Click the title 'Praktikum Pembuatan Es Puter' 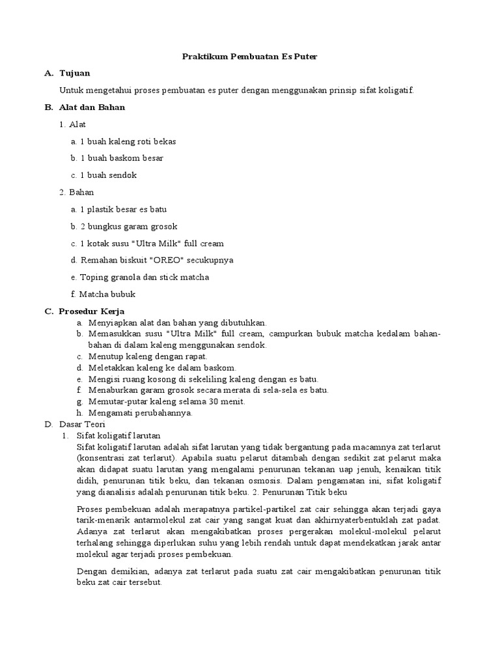pyautogui.click(x=249, y=57)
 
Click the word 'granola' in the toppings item pyautogui.click(x=125, y=277)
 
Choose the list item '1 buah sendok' pyautogui.click(x=108, y=175)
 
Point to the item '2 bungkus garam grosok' pyautogui.click(x=128, y=226)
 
